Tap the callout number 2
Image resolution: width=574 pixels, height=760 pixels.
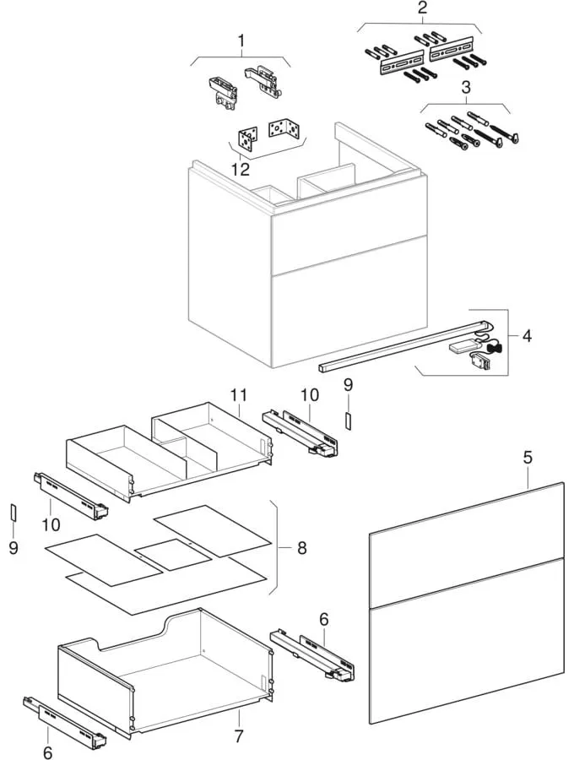[422, 9]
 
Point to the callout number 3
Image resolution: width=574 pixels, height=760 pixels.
[464, 88]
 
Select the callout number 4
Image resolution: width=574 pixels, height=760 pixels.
[527, 337]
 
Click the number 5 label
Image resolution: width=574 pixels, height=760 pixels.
[528, 459]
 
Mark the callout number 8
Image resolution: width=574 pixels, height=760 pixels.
[301, 548]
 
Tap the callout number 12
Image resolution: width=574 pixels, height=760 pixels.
[241, 169]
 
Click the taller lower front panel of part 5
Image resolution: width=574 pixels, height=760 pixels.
[467, 642]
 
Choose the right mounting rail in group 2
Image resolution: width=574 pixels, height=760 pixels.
[448, 53]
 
